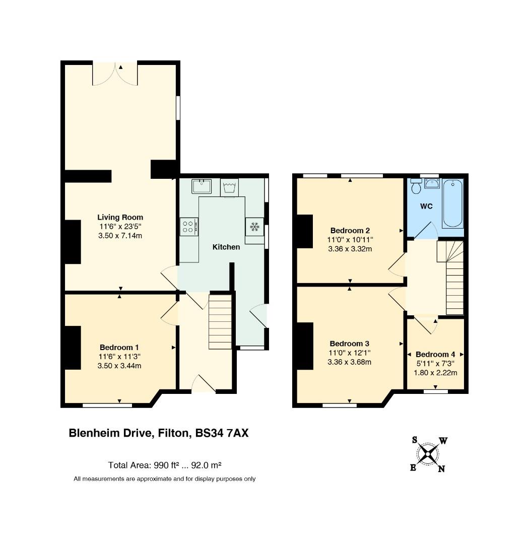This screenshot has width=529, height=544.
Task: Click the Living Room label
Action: pos(120,217)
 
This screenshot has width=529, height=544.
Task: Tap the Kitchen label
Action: pos(226,247)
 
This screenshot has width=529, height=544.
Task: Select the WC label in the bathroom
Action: pos(426,207)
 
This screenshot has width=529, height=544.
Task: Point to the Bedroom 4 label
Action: pos(435,354)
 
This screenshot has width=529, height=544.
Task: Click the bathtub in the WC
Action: pos(452,203)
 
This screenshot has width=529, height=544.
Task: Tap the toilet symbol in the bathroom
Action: pos(416,186)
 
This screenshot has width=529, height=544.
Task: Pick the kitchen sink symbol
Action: pos(202,186)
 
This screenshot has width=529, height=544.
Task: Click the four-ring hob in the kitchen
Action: pos(189,227)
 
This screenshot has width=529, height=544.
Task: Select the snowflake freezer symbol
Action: pos(255,227)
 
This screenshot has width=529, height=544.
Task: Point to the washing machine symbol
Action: pos(229,188)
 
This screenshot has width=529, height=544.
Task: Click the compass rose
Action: pos(428,454)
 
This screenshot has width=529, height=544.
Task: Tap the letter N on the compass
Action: pos(441,469)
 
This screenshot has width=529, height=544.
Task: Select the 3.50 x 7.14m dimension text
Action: pos(120,236)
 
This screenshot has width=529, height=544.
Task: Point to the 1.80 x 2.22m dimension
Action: pos(435,373)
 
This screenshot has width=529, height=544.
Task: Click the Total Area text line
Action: pos(165,465)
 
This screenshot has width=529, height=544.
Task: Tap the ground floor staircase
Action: pos(220,321)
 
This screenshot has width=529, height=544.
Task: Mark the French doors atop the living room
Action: pos(115,74)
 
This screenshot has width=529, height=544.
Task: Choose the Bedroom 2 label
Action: pos(350,230)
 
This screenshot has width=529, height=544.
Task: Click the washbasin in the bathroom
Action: pos(432,183)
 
